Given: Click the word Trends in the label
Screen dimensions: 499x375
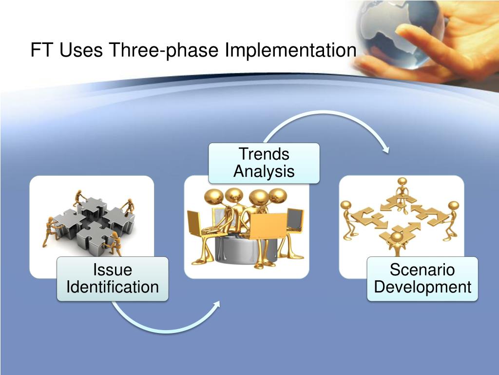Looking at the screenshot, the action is [264, 154].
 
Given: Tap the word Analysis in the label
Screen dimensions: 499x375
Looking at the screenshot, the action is [264, 171].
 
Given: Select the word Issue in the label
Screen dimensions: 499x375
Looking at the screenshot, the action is [113, 270].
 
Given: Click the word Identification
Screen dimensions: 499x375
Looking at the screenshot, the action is [113, 287].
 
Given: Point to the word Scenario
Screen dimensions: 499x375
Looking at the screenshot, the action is [422, 270].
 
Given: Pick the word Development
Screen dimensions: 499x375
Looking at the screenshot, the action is [422, 287].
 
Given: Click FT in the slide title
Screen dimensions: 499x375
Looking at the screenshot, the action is [41, 50].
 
